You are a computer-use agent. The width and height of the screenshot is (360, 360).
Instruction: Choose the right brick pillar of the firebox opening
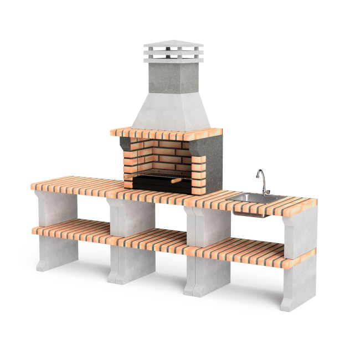tap(198, 172)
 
